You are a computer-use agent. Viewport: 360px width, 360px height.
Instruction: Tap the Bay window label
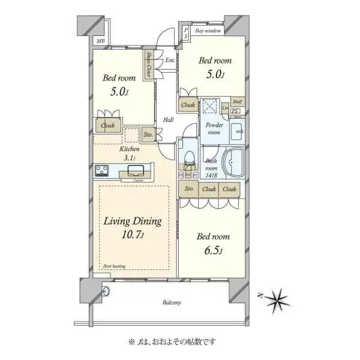pyautogui.click(x=208, y=30)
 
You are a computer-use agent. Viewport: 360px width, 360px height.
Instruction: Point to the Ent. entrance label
pyautogui.click(x=170, y=60)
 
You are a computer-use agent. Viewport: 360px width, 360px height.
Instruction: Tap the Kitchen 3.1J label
pyautogui.click(x=130, y=153)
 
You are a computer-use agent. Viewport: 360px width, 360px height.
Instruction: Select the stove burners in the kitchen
pyautogui.click(x=101, y=170)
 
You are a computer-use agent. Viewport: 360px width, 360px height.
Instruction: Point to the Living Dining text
pyautogui.click(x=133, y=221)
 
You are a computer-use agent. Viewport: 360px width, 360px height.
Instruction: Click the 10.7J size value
pyautogui.click(x=133, y=235)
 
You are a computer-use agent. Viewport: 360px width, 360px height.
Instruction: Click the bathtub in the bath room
pyautogui.click(x=233, y=162)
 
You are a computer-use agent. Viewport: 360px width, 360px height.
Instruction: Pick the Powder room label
pyautogui.click(x=214, y=129)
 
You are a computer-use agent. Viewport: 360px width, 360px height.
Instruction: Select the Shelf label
pyautogui.click(x=237, y=102)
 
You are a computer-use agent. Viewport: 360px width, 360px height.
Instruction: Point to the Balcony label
pyautogui.click(x=172, y=302)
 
